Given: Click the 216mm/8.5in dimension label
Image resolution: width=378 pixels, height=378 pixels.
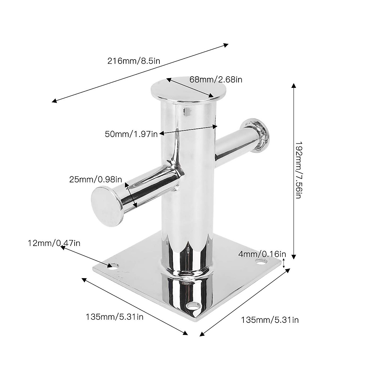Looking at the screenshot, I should (134, 61).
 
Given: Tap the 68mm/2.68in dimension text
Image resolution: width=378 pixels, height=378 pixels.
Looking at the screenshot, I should (216, 79).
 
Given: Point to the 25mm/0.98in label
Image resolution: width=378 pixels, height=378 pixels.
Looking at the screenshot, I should (95, 180).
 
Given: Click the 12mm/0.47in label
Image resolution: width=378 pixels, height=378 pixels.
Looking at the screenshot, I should (54, 243).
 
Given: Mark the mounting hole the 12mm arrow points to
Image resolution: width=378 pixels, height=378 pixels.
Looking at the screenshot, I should (112, 265).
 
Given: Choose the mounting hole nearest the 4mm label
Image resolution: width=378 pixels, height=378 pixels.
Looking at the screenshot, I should (260, 261).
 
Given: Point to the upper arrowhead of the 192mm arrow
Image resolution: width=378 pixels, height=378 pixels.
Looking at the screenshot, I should (294, 86).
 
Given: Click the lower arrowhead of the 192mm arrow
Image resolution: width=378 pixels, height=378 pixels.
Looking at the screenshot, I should (294, 256).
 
